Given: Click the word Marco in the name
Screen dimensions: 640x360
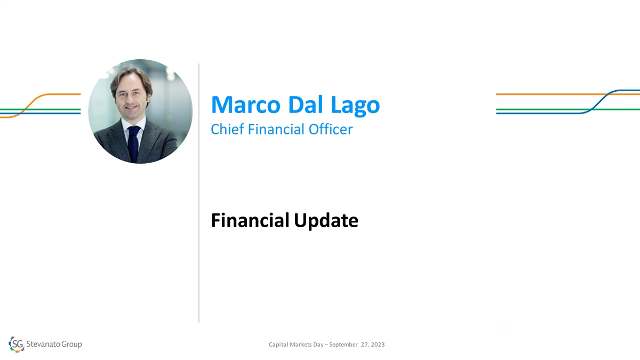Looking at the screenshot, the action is pos(246,105).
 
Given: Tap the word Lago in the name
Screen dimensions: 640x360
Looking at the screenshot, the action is pos(355,106).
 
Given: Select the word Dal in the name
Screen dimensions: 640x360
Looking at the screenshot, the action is pos(306,105).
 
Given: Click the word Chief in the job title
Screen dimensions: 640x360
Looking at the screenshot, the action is pos(227,129).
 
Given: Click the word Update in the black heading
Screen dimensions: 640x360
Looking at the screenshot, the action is pos(326,221).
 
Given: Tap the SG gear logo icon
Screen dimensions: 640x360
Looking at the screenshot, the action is pos(17,344).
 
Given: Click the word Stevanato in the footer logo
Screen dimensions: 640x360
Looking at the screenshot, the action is pos(43,344).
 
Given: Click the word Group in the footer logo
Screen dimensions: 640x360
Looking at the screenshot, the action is pos(71,345).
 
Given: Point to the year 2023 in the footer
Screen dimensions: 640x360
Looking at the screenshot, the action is pos(378,345).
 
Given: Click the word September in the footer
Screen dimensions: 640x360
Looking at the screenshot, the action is pos(343,345).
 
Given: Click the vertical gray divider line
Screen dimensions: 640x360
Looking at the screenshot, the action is pos(199,193).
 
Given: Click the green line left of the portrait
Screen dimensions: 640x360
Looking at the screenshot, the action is pos(41,109).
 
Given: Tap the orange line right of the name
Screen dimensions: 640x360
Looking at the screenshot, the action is pos(567,94).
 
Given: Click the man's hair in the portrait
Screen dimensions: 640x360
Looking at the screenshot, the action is pos(132,76).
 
